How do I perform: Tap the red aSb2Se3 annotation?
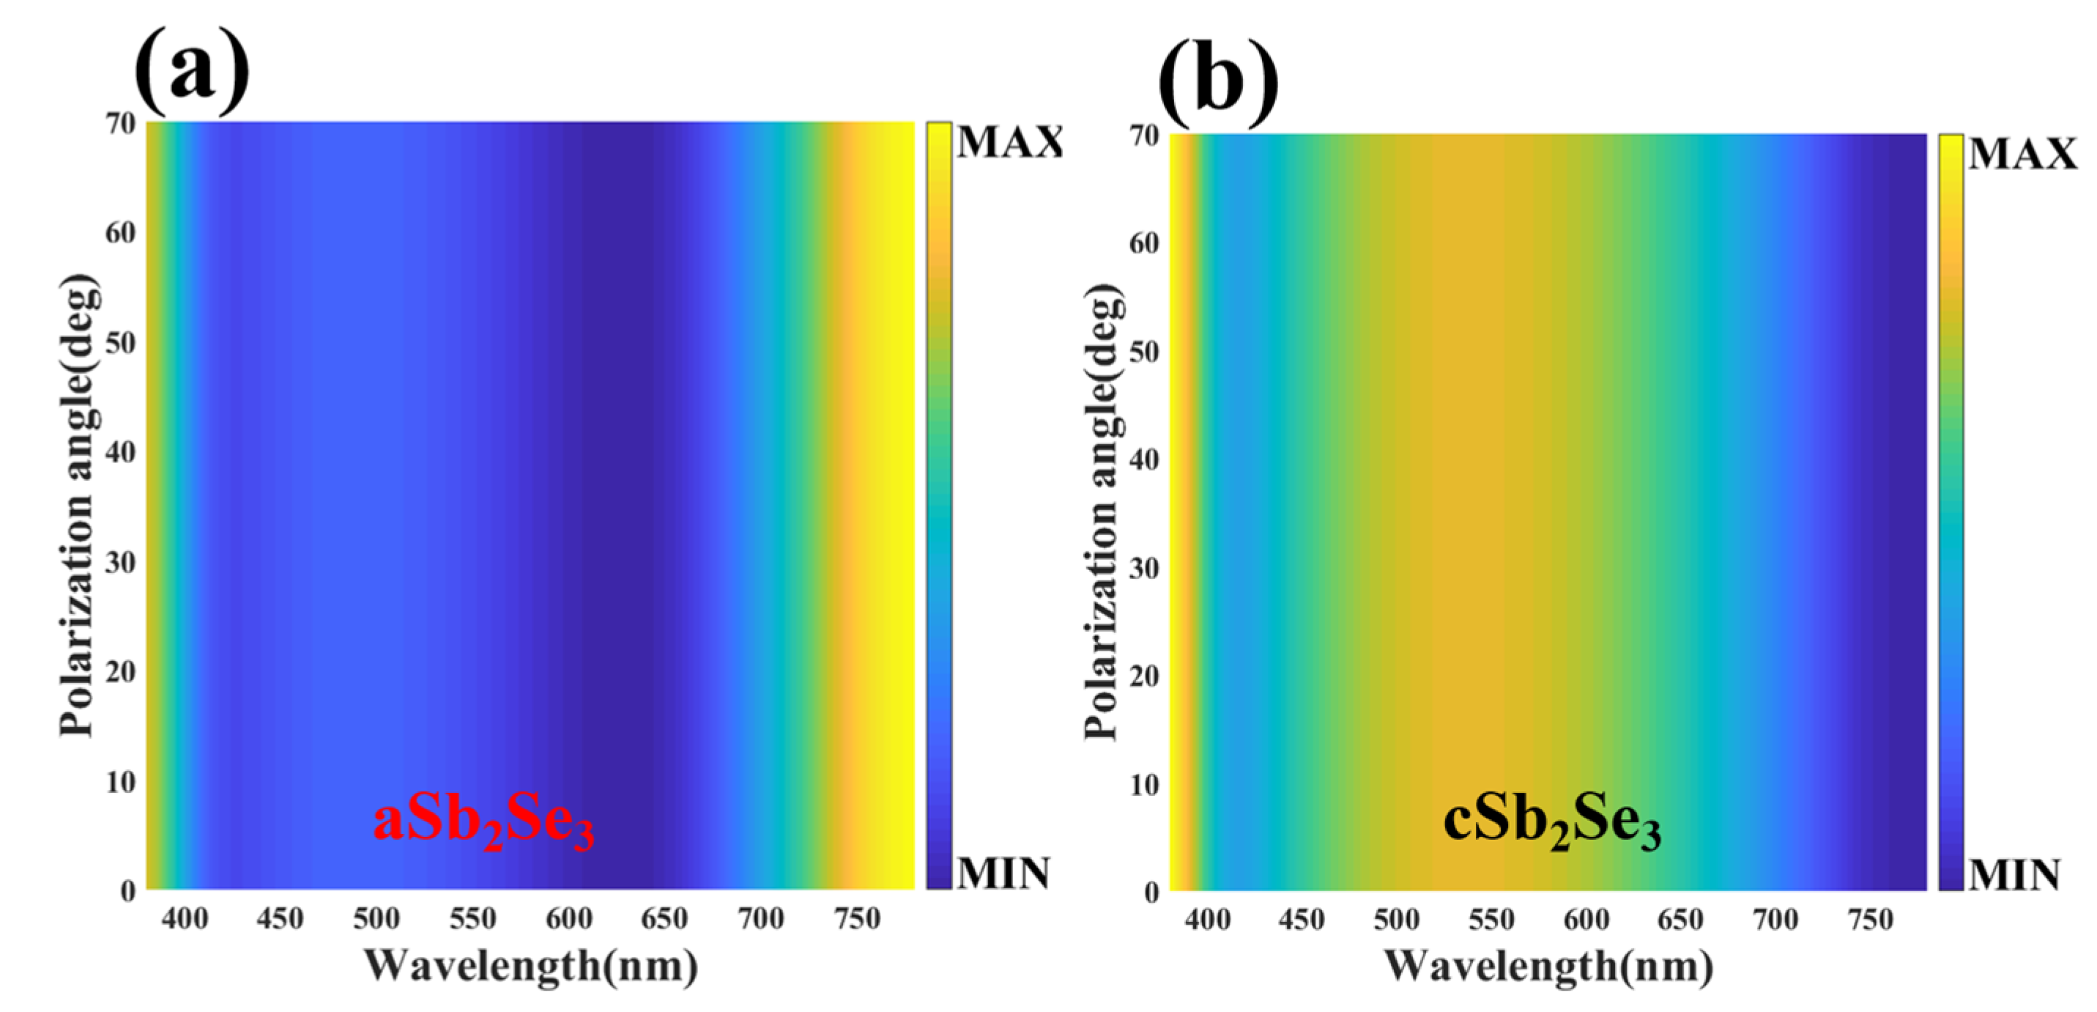coord(483,822)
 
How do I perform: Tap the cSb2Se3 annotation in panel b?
coord(1551,822)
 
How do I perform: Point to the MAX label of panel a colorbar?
coord(1009,142)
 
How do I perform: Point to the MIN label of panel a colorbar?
coord(1003,874)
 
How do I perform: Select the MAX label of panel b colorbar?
coord(2023,154)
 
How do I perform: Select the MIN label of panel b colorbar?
coord(2015,875)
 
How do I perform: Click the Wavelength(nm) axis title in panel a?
coord(531,967)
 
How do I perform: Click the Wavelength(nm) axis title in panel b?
coord(1548,967)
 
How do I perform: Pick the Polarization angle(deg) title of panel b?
coord(1103,511)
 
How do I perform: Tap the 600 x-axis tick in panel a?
coord(568,919)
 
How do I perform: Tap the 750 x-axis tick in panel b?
coord(1870,920)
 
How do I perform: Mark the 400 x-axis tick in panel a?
coord(185,919)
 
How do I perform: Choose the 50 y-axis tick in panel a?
coord(120,343)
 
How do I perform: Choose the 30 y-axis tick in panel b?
coord(1144,568)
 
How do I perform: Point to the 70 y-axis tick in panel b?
coord(1144,135)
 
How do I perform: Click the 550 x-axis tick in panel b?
coord(1491,920)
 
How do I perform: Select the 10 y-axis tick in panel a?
coord(120,783)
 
